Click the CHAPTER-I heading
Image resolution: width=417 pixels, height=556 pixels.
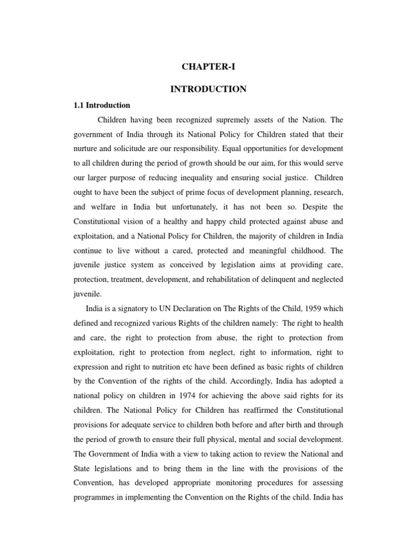point(208,67)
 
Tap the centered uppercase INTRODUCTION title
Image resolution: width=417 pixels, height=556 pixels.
point(208,89)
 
